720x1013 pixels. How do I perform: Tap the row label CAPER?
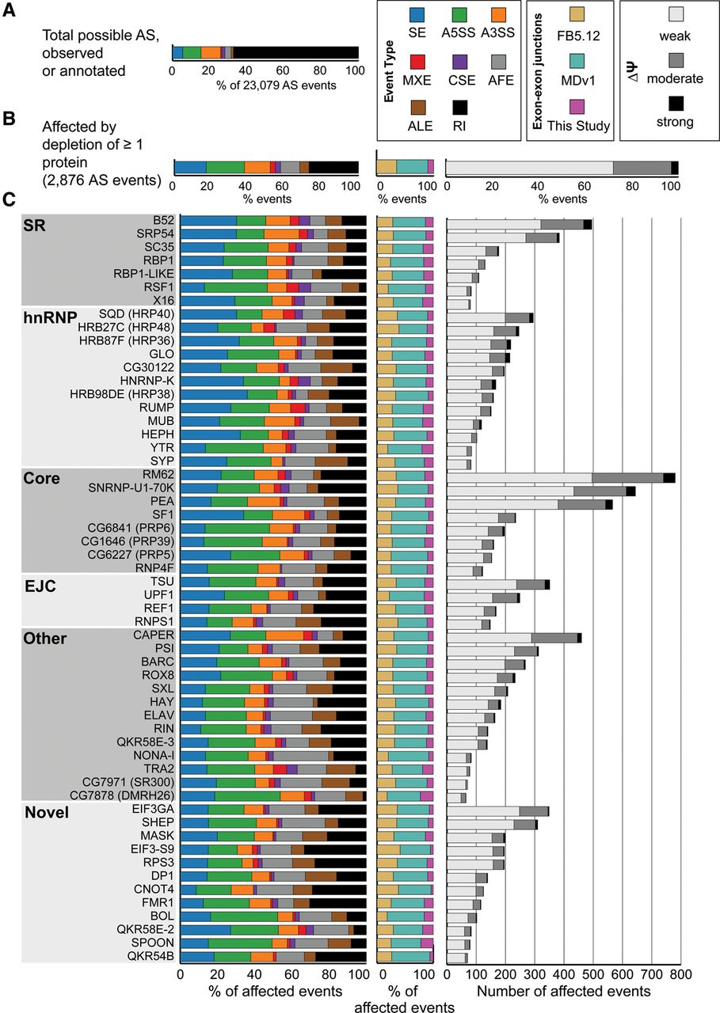point(154,635)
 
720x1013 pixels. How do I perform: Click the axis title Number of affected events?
point(564,990)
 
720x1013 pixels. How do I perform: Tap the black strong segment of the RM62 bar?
point(669,477)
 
